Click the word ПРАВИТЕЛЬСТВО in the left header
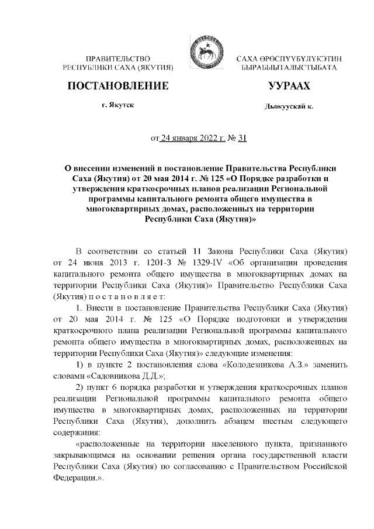point(119,60)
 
